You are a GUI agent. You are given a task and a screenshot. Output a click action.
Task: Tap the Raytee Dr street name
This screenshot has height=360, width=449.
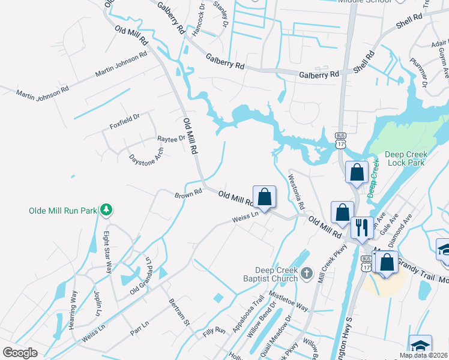coord(171,139)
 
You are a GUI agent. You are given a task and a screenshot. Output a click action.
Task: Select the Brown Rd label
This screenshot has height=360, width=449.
coord(188,194)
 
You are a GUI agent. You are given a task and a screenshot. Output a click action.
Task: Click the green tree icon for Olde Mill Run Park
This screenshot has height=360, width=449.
coord(106,209)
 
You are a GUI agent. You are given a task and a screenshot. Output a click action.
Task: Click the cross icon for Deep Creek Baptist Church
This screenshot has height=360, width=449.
coord(306,274)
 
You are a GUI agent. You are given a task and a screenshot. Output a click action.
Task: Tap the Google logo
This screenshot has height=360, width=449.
coord(20,353)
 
